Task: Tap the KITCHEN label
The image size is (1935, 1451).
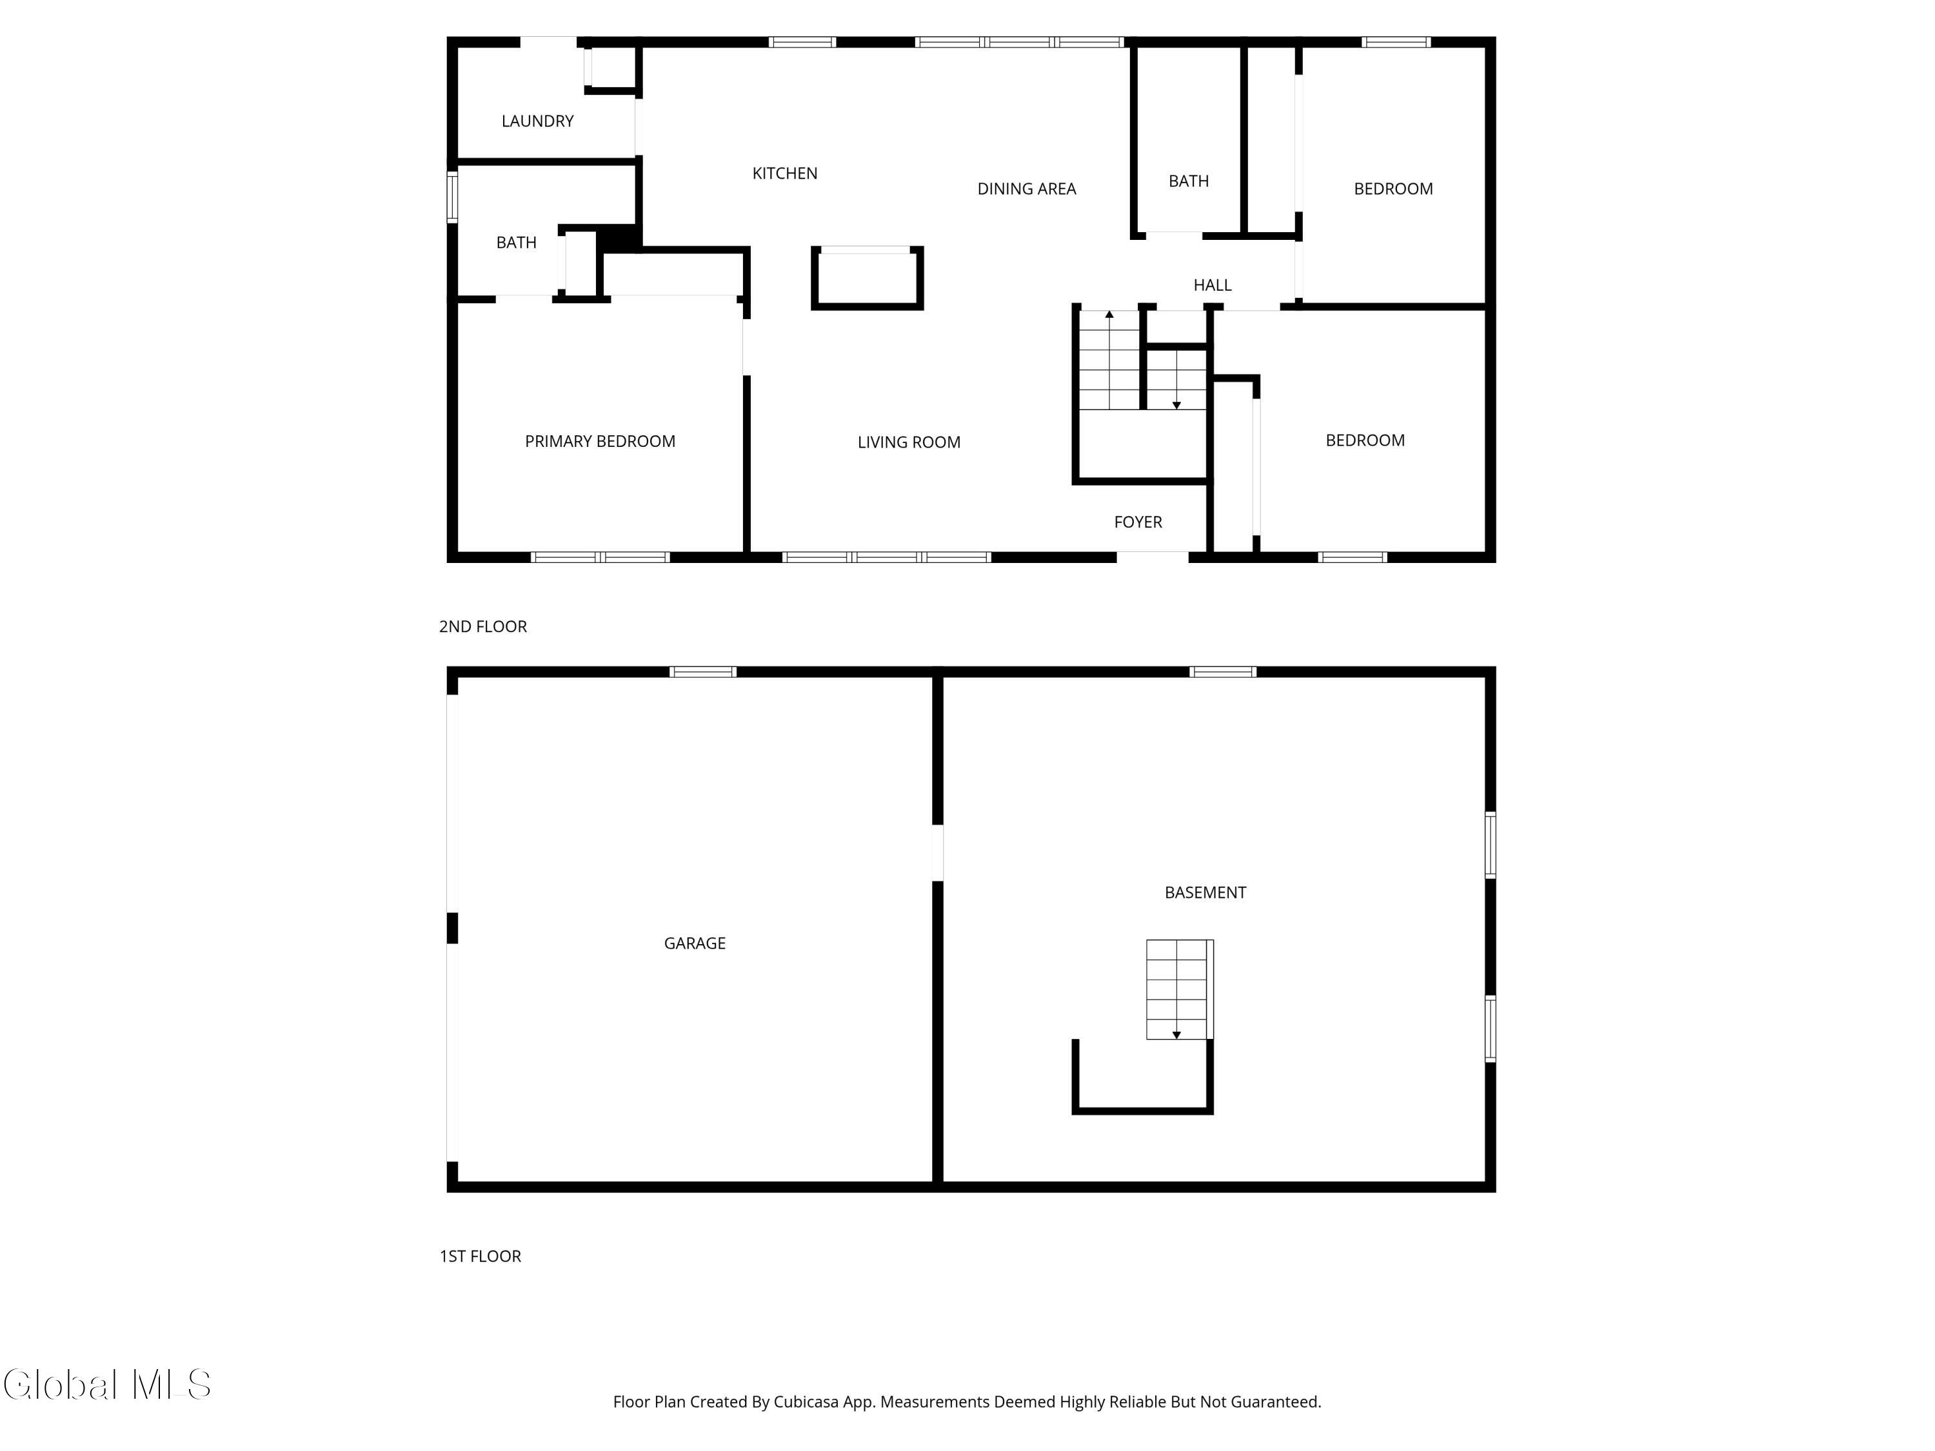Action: (x=785, y=174)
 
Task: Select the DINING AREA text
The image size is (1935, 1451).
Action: (x=1026, y=189)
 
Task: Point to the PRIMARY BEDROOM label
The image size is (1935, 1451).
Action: (x=600, y=442)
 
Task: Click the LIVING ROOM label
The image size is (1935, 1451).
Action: (x=909, y=442)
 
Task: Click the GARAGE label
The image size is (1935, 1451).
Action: (x=695, y=943)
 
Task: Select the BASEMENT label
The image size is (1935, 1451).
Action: (x=1205, y=892)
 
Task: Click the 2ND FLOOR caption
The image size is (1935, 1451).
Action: (x=483, y=626)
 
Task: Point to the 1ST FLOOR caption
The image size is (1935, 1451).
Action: (x=481, y=1256)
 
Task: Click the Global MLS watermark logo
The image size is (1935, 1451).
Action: (x=106, y=1385)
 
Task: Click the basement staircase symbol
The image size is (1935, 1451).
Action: (x=1177, y=989)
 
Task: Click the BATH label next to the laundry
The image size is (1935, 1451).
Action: (x=516, y=243)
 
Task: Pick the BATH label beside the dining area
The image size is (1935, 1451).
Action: (x=1188, y=181)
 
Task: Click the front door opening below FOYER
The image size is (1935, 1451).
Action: (x=1152, y=557)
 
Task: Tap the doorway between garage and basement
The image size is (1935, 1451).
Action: (x=937, y=853)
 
